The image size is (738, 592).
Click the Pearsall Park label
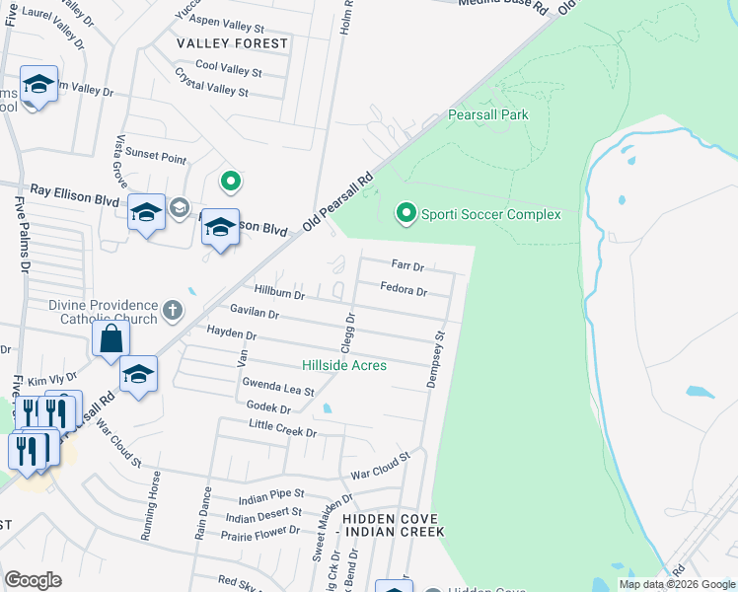pos(488,115)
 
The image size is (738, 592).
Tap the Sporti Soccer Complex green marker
pos(405,213)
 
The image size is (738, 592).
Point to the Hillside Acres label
pos(343,365)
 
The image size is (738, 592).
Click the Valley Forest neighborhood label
pos(232,43)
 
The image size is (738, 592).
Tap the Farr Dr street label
pos(406,265)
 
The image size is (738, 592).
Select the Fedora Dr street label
pos(404,290)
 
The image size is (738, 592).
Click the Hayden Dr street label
pos(231,333)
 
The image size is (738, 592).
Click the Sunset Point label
pos(161,158)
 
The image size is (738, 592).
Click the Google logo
pos(33,580)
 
